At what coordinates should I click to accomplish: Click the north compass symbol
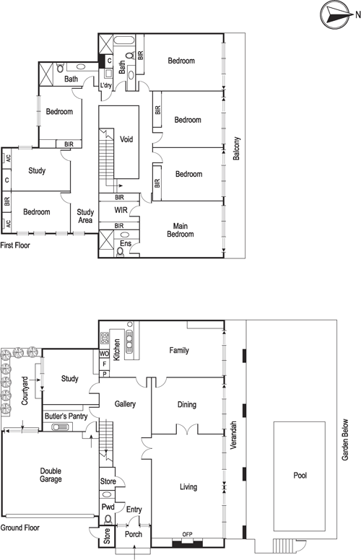coord(334,14)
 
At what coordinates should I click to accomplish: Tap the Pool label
coord(300,476)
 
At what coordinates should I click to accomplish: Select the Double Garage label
coord(51,475)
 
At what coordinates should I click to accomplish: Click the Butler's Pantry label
coord(66,416)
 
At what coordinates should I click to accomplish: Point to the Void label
coord(126,139)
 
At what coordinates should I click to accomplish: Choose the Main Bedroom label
coord(180,230)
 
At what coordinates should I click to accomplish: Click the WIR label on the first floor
coord(121,210)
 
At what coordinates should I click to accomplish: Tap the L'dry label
coord(106,85)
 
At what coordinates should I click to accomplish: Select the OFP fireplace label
coord(187,534)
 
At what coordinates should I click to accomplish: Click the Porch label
coord(134,534)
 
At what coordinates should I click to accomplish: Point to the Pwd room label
coord(108,507)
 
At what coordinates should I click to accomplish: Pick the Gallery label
coord(125,404)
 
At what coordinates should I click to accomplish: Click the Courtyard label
coord(25,390)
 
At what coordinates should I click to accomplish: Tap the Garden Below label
coord(345,439)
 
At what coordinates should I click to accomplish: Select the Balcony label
coord(236,148)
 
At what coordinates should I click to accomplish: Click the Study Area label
coord(85,216)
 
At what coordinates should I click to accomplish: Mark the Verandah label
coord(233,435)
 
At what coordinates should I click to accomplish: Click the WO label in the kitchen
coord(104,354)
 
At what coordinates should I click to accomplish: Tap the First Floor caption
coord(15,245)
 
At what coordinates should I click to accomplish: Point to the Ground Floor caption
coord(20,528)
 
